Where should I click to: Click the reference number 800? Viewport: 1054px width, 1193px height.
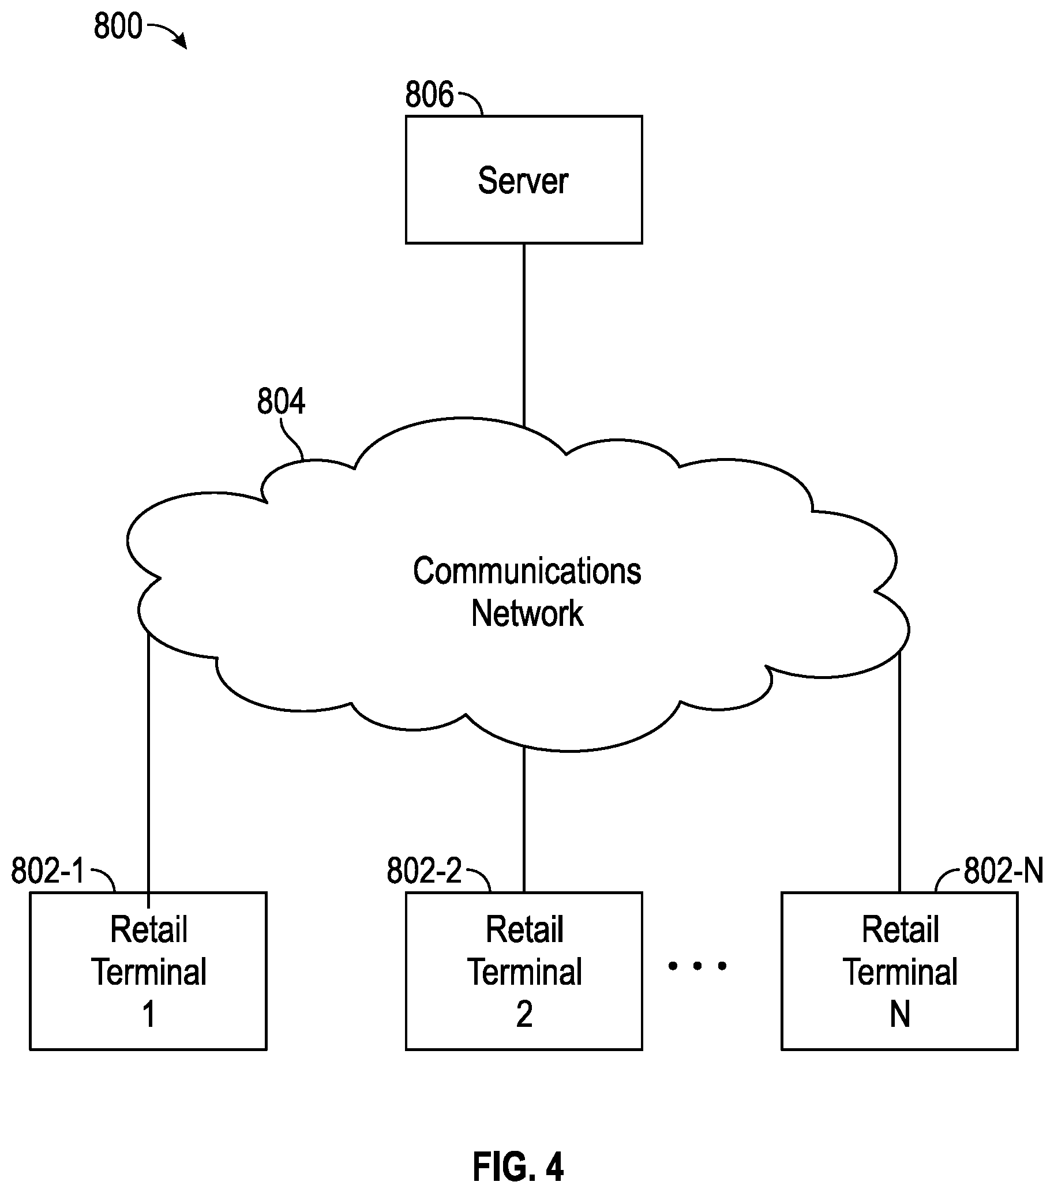click(x=118, y=27)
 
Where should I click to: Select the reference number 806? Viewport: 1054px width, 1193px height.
click(x=429, y=95)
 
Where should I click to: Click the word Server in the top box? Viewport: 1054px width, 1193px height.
click(x=523, y=181)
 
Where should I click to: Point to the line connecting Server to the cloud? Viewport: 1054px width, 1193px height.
click(x=524, y=336)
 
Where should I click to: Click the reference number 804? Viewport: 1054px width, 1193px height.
click(x=281, y=402)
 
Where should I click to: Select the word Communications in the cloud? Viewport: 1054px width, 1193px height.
click(x=527, y=571)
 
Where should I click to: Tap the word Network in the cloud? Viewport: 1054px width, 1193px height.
click(x=527, y=613)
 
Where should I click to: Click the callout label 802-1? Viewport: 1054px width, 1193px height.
click(x=48, y=871)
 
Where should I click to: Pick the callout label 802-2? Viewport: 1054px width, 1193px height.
click(x=424, y=871)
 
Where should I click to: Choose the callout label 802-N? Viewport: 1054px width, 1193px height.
click(x=1003, y=871)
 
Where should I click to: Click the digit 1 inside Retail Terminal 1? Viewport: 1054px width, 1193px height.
click(x=149, y=1014)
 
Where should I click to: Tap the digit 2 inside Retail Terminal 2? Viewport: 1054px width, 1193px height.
click(x=524, y=1014)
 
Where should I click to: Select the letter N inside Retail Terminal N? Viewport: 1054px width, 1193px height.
click(x=900, y=1014)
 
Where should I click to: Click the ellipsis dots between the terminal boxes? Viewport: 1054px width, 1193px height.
click(x=697, y=966)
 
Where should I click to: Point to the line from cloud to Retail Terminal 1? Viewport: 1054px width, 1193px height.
click(x=149, y=770)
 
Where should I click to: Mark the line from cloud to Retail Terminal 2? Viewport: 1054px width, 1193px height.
click(x=524, y=819)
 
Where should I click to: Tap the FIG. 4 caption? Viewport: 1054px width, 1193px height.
click(x=518, y=1166)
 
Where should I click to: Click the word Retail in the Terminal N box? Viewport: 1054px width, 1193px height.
click(x=901, y=929)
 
